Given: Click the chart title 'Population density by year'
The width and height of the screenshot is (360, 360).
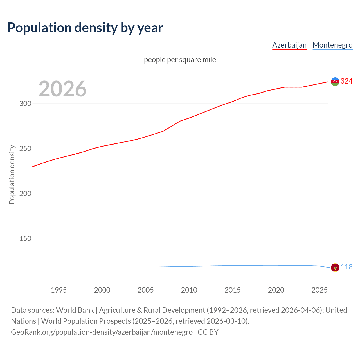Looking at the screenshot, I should click(85, 28).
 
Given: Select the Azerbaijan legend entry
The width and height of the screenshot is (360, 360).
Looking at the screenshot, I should click(289, 45).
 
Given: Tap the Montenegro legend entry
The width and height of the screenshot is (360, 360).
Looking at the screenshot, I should click(332, 45).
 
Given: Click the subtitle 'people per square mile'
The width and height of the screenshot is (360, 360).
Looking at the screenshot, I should click(180, 60).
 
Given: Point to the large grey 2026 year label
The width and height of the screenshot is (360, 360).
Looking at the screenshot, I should click(62, 89).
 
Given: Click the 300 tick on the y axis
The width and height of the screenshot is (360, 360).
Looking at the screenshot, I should click(25, 103).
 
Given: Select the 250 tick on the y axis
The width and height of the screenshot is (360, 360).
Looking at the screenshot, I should click(25, 148).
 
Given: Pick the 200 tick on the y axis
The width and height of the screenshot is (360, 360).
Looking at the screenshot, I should click(25, 193).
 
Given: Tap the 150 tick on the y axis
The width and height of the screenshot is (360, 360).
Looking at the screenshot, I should click(25, 238).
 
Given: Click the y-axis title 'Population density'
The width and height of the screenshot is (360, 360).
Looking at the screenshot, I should click(12, 174).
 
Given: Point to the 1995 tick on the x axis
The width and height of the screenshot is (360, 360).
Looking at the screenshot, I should click(59, 290).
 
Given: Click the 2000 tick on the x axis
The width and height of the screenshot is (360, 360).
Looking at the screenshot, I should click(102, 290).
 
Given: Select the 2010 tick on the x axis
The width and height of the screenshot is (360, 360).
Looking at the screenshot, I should click(189, 290).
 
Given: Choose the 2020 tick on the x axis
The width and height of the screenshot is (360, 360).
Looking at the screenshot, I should click(276, 290).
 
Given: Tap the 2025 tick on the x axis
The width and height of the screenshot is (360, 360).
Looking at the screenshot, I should click(319, 290).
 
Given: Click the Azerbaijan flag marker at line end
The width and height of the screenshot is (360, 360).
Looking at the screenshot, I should click(335, 82).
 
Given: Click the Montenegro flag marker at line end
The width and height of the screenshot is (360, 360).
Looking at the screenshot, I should click(335, 267).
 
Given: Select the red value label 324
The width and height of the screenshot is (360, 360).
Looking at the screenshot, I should click(346, 81).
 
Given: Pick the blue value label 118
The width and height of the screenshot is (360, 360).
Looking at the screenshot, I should click(346, 267).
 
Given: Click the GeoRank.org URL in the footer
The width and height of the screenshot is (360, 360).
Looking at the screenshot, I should click(102, 332).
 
